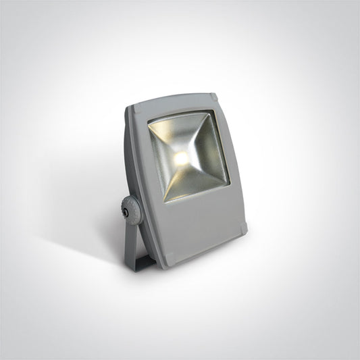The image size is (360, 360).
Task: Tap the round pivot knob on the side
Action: click(128, 211)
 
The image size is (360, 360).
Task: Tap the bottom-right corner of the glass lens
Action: click(229, 181)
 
